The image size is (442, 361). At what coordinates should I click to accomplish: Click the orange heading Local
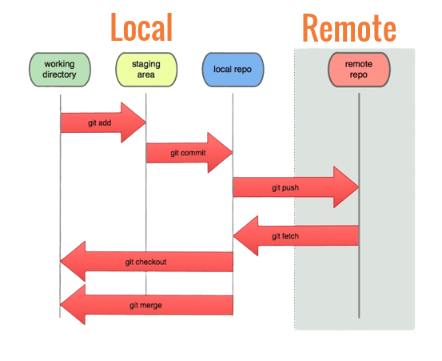[x=141, y=27]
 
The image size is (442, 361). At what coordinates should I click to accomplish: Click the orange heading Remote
[x=348, y=28]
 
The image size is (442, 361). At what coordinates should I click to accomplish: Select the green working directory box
[x=60, y=70]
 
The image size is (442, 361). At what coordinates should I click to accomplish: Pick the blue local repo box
[x=233, y=70]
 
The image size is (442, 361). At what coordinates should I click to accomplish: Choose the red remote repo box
[x=358, y=70]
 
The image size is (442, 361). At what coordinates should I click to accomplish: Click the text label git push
[x=285, y=187]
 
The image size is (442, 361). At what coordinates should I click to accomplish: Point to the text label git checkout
[x=145, y=262]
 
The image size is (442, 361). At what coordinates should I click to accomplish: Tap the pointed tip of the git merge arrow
[x=63, y=305]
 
